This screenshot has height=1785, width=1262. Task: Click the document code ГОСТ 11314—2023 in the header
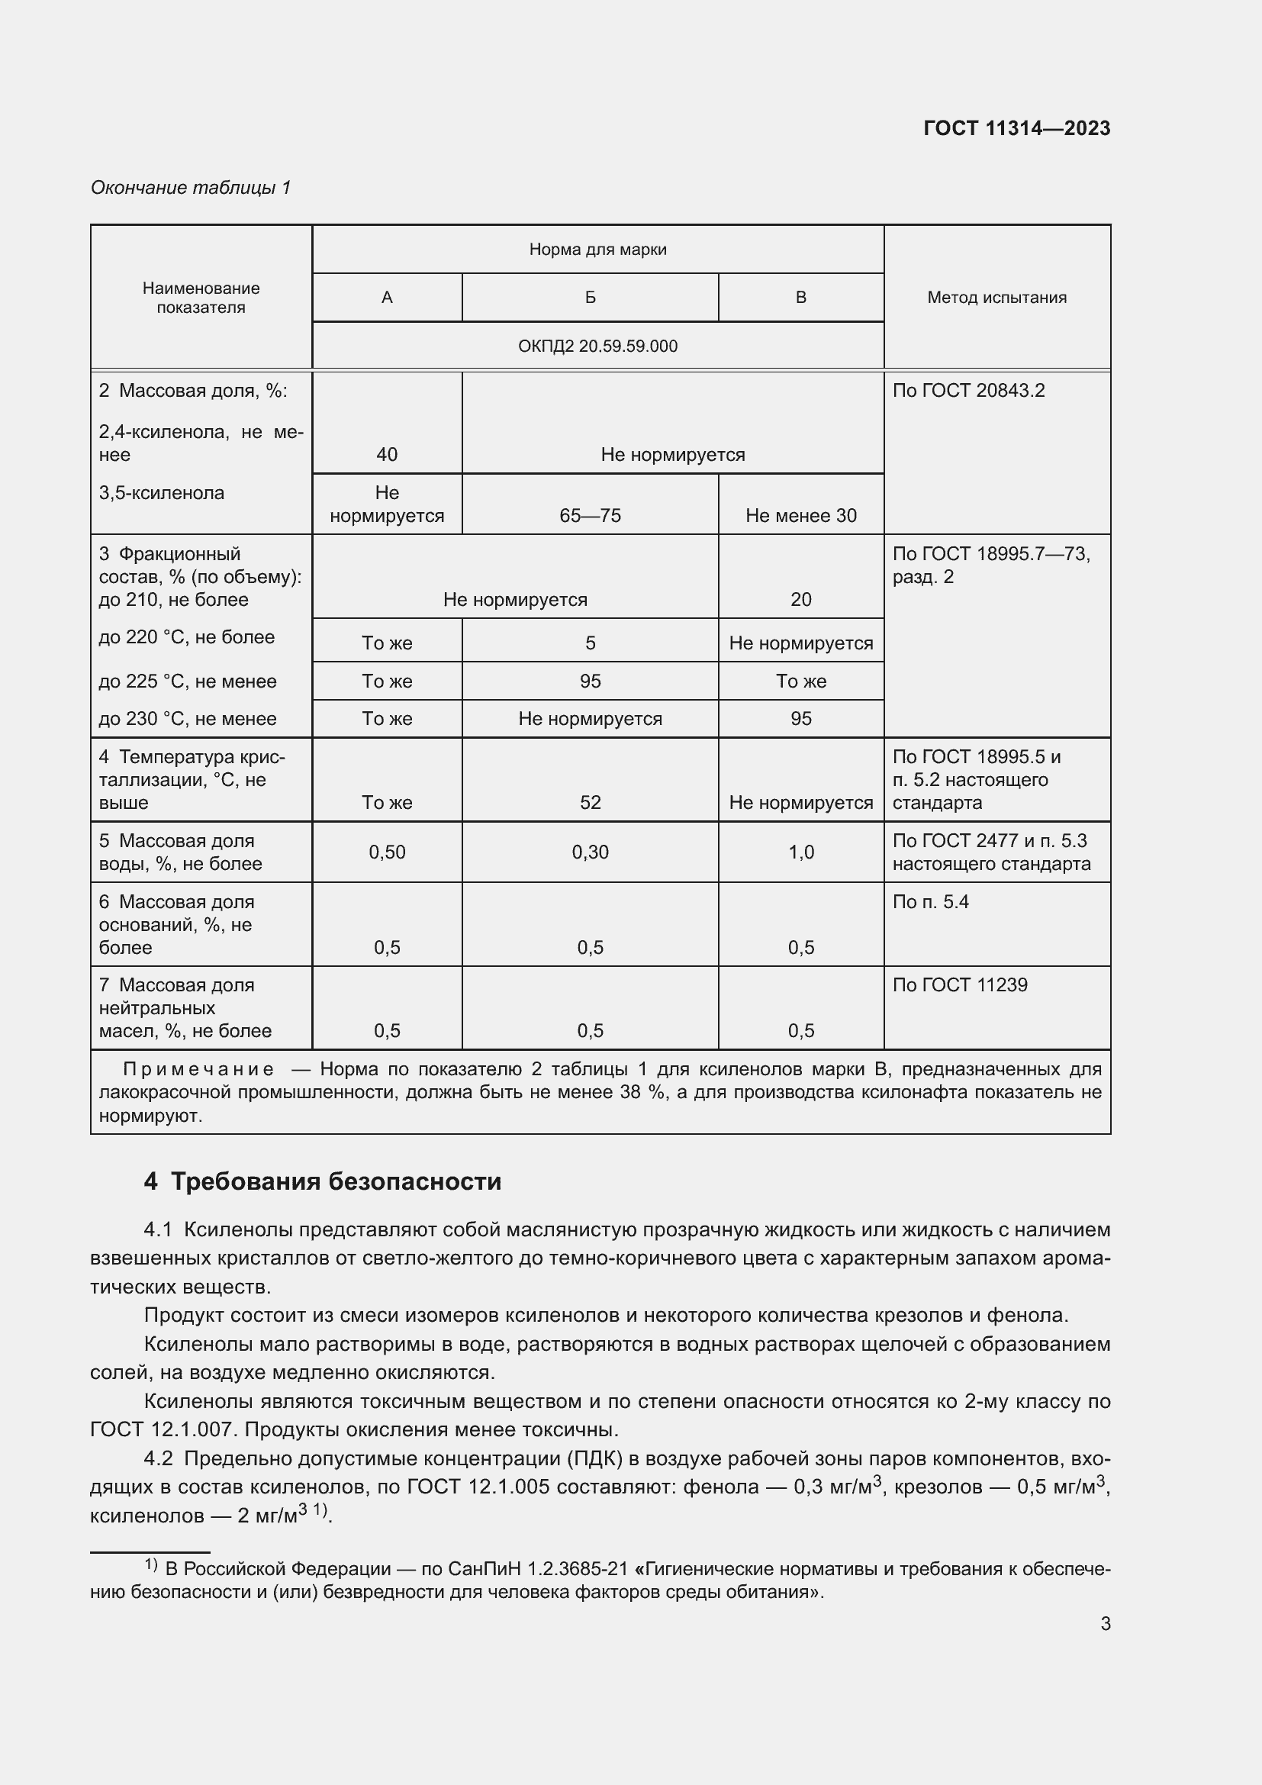1016,128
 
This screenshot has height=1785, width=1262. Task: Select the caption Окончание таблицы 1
191,188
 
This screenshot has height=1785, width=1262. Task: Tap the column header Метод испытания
996,297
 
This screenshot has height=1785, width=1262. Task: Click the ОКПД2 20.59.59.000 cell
597,346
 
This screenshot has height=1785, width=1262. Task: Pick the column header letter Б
590,297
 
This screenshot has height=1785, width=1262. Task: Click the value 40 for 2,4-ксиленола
387,454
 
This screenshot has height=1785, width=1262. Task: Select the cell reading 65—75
590,515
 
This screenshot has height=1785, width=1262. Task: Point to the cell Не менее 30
800,515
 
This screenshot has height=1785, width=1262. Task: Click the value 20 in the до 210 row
800,599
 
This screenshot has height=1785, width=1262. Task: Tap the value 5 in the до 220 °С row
590,643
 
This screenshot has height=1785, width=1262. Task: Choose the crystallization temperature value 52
590,802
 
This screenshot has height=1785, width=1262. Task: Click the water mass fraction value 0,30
590,852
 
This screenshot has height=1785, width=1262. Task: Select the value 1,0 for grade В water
800,852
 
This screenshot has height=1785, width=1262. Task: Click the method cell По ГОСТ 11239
960,985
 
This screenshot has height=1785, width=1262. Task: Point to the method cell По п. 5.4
930,902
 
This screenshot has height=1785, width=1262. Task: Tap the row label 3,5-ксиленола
162,493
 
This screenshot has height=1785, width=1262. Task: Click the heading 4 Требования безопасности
323,1181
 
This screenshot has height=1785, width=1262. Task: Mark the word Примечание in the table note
198,1070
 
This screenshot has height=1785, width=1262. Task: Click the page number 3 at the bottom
1105,1623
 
